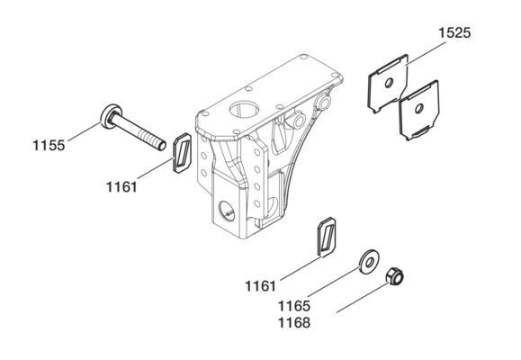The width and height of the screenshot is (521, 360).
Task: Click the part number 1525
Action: [x=454, y=33]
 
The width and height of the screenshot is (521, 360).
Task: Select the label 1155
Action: [x=49, y=146]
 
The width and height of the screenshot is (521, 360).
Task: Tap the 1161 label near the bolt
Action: [x=121, y=187]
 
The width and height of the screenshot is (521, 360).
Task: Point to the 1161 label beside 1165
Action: [x=261, y=286]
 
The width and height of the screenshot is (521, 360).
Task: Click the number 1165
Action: [x=294, y=306]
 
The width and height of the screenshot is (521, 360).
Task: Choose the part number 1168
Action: [x=294, y=323]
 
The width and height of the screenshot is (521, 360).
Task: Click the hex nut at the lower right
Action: [x=394, y=276]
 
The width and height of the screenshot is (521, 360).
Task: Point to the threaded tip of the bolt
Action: [x=162, y=145]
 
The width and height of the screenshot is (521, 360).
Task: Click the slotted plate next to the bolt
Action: [x=182, y=153]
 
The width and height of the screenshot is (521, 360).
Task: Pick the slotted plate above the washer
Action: [x=327, y=237]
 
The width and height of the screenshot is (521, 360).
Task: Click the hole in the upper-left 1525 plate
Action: [x=389, y=82]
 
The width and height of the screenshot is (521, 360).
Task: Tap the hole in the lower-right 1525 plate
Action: [x=419, y=108]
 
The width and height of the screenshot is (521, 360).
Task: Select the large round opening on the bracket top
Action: [x=245, y=111]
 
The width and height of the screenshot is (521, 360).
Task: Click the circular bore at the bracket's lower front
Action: [x=226, y=211]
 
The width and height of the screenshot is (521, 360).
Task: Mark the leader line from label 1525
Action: [x=427, y=53]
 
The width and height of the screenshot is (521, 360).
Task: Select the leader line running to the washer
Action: [x=334, y=280]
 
